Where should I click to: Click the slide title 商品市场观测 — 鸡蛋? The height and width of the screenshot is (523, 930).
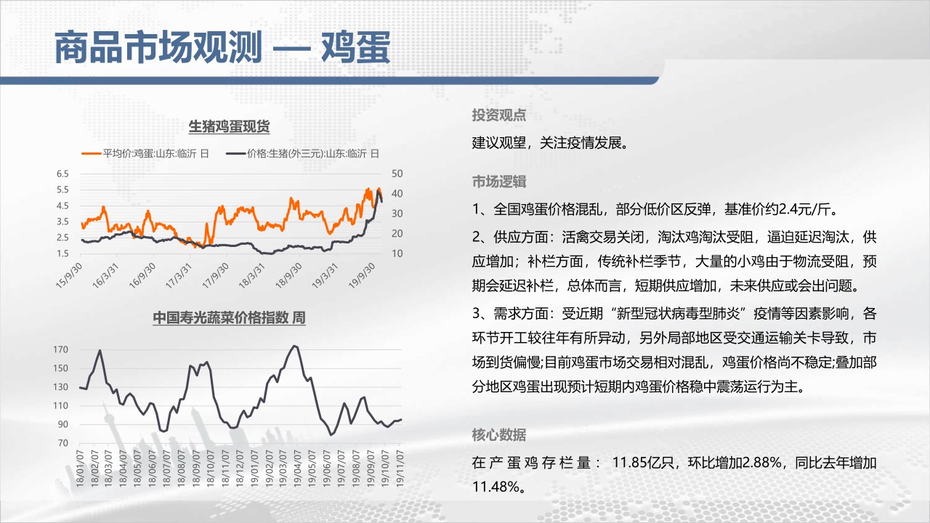[x=222, y=47]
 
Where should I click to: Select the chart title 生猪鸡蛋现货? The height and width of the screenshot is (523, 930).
[x=229, y=126]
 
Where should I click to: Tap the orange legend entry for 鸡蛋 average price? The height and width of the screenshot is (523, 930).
[x=145, y=153]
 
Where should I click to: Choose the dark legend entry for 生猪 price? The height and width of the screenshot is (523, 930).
[x=303, y=153]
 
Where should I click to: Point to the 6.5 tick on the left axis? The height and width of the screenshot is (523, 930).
[x=62, y=174]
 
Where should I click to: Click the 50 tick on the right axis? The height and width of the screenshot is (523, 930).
[x=397, y=174]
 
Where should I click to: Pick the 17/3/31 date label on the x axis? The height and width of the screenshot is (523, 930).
[x=179, y=275]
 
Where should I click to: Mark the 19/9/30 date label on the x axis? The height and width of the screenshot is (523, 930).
[x=362, y=275]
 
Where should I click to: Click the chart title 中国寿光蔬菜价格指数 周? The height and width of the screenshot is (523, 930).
[x=229, y=317]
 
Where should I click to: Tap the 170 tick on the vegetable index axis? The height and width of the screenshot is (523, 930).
[x=60, y=349]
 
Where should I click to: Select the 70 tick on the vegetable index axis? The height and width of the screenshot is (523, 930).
[x=63, y=443]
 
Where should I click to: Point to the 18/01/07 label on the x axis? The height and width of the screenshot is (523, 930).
[x=80, y=469]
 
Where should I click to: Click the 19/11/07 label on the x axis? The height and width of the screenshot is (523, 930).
[x=400, y=469]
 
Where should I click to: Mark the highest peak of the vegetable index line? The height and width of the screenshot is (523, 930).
[x=295, y=346]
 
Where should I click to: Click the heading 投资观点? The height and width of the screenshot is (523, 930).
[x=499, y=115]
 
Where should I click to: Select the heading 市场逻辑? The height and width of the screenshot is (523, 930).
[x=499, y=182]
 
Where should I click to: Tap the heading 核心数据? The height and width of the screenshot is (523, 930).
[x=499, y=434]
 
